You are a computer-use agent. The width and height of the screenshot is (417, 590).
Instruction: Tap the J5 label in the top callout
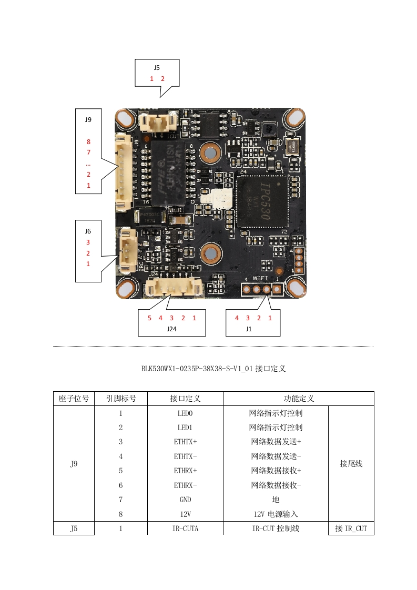[x=157, y=68]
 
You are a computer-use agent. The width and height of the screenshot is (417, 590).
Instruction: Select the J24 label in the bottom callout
[x=171, y=329]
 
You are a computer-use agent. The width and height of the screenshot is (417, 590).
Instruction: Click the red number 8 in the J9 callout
[x=88, y=142]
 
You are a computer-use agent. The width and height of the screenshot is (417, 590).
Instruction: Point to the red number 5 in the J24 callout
[x=149, y=318]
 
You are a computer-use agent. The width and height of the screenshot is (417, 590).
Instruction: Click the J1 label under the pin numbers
[x=249, y=329]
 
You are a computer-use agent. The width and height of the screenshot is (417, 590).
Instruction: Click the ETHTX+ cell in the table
[x=185, y=442]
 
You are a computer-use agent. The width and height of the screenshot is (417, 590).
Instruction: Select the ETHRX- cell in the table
[x=185, y=485]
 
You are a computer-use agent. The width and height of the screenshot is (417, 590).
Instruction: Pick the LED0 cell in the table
[x=185, y=413]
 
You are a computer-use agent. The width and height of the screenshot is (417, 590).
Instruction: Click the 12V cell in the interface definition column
[x=185, y=514]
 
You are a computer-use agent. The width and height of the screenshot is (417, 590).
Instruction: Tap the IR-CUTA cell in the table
[x=185, y=528]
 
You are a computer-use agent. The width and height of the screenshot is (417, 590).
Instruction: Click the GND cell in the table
[x=185, y=500]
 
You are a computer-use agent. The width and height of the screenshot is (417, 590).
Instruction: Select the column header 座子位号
[x=74, y=399]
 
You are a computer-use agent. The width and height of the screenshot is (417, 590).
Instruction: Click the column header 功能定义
[x=298, y=399]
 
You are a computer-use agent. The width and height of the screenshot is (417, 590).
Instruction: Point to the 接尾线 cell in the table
[x=351, y=464]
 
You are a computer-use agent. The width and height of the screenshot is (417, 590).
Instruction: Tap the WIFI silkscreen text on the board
[x=260, y=278]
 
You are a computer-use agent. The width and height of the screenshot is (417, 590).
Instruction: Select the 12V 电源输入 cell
[x=276, y=514]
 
